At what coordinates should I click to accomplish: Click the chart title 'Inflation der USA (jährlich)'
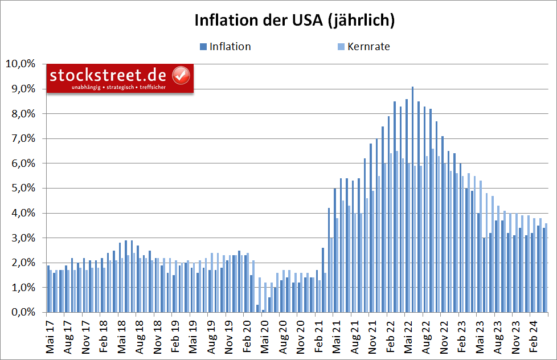point(294,21)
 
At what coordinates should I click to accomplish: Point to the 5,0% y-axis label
point(22,188)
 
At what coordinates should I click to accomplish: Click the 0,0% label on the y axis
point(22,313)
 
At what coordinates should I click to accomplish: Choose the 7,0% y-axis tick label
point(22,138)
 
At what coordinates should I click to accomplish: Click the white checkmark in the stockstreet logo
point(181,75)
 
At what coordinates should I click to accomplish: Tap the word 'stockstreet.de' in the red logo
point(108,75)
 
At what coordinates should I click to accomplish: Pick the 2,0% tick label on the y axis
point(22,263)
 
